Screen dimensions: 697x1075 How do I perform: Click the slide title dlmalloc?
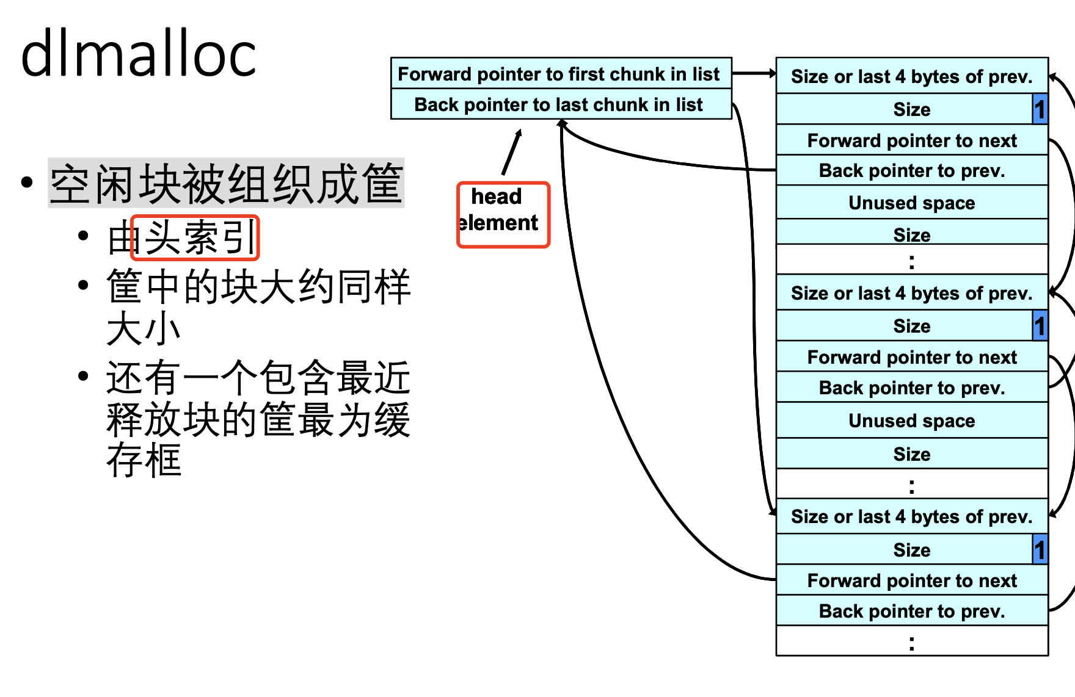pos(138,55)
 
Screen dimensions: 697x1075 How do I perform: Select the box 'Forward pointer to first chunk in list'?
pos(559,74)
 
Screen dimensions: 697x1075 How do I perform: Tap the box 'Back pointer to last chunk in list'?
pos(559,104)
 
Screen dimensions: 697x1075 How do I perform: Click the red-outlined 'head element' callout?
pos(503,215)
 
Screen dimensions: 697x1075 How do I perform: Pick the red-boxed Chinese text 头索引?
pos(195,237)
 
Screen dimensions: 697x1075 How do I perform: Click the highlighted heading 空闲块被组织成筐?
pos(226,183)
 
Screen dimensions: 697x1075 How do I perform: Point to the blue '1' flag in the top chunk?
pos(1040,109)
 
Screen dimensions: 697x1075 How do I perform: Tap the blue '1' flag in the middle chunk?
pos(1040,326)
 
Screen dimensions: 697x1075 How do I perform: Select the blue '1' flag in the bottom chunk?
pos(1040,549)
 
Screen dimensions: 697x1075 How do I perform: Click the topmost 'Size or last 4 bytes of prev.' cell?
pos(911,76)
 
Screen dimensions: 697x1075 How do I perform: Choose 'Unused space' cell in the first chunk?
pos(911,203)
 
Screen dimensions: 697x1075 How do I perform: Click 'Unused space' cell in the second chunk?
pos(911,421)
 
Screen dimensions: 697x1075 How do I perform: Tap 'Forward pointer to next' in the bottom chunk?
pos(911,580)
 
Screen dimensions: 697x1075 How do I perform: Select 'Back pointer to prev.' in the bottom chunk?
pos(911,611)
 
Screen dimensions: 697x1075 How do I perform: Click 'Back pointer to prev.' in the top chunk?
pos(911,171)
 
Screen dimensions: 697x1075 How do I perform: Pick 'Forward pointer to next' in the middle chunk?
pos(911,357)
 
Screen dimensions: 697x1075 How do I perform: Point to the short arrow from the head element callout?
pos(512,153)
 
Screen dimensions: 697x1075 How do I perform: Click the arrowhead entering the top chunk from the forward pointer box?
pos(771,74)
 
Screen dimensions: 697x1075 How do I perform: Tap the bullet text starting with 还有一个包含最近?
pos(258,418)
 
